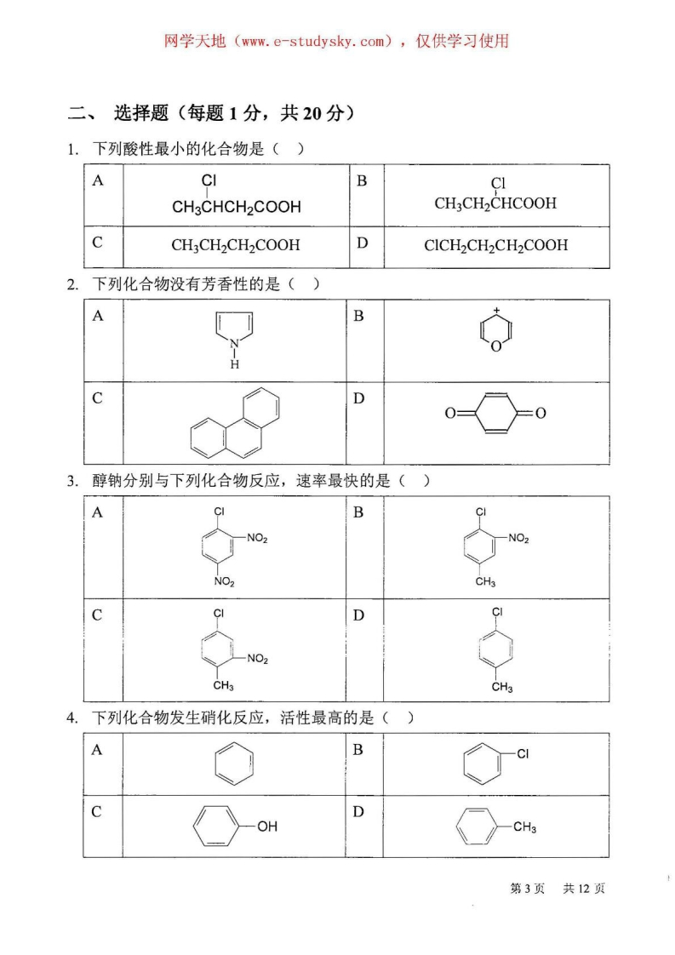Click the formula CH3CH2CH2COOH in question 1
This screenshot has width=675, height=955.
(x=236, y=245)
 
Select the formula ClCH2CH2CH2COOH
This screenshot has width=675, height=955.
(x=496, y=245)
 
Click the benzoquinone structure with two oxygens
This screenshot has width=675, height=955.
(x=495, y=414)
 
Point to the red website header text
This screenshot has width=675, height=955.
(x=336, y=40)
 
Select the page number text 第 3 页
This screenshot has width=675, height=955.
(x=527, y=889)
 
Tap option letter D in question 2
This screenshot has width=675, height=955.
(x=359, y=398)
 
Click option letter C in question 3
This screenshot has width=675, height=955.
(x=98, y=615)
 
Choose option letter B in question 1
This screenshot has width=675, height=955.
(x=361, y=180)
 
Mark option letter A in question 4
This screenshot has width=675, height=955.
(x=97, y=749)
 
